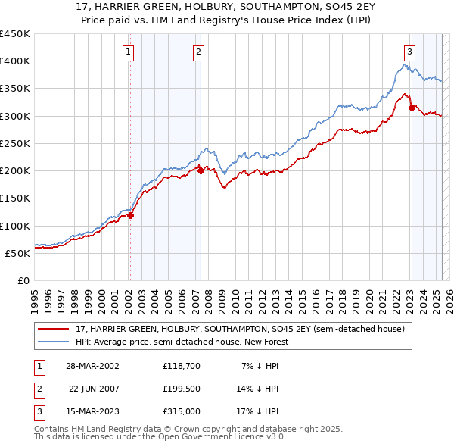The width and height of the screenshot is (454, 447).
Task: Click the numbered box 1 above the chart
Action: point(129,52)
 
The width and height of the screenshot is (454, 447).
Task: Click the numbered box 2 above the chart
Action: point(197,52)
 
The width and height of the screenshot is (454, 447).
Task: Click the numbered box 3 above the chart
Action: point(409,52)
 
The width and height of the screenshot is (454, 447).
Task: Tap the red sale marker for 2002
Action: point(130,215)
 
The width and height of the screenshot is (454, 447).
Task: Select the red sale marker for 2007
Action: point(201,171)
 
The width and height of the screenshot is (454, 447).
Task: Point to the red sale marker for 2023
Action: point(412,108)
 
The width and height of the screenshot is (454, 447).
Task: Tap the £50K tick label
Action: point(18,253)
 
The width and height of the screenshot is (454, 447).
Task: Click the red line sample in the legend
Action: point(54,329)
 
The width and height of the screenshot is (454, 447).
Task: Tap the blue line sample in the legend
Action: point(54,342)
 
